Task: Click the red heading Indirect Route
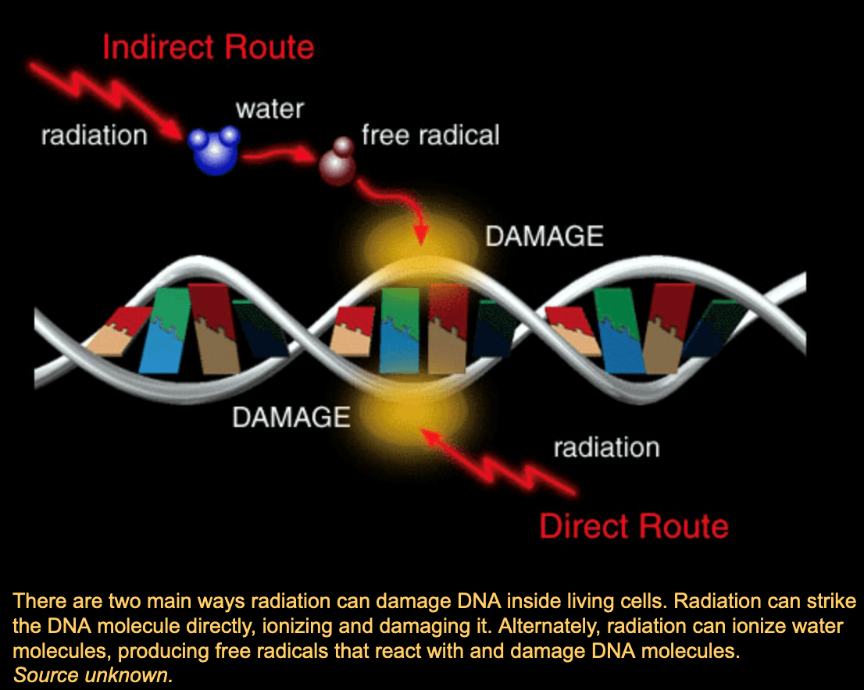[208, 47]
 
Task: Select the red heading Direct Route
[634, 525]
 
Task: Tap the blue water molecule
[213, 150]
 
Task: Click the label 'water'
[270, 108]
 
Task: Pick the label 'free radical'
[430, 135]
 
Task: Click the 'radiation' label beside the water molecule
[94, 135]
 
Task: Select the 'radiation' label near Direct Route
[606, 447]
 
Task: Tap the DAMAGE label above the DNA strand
[544, 236]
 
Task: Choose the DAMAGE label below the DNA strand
[291, 417]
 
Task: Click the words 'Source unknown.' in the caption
[93, 675]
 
